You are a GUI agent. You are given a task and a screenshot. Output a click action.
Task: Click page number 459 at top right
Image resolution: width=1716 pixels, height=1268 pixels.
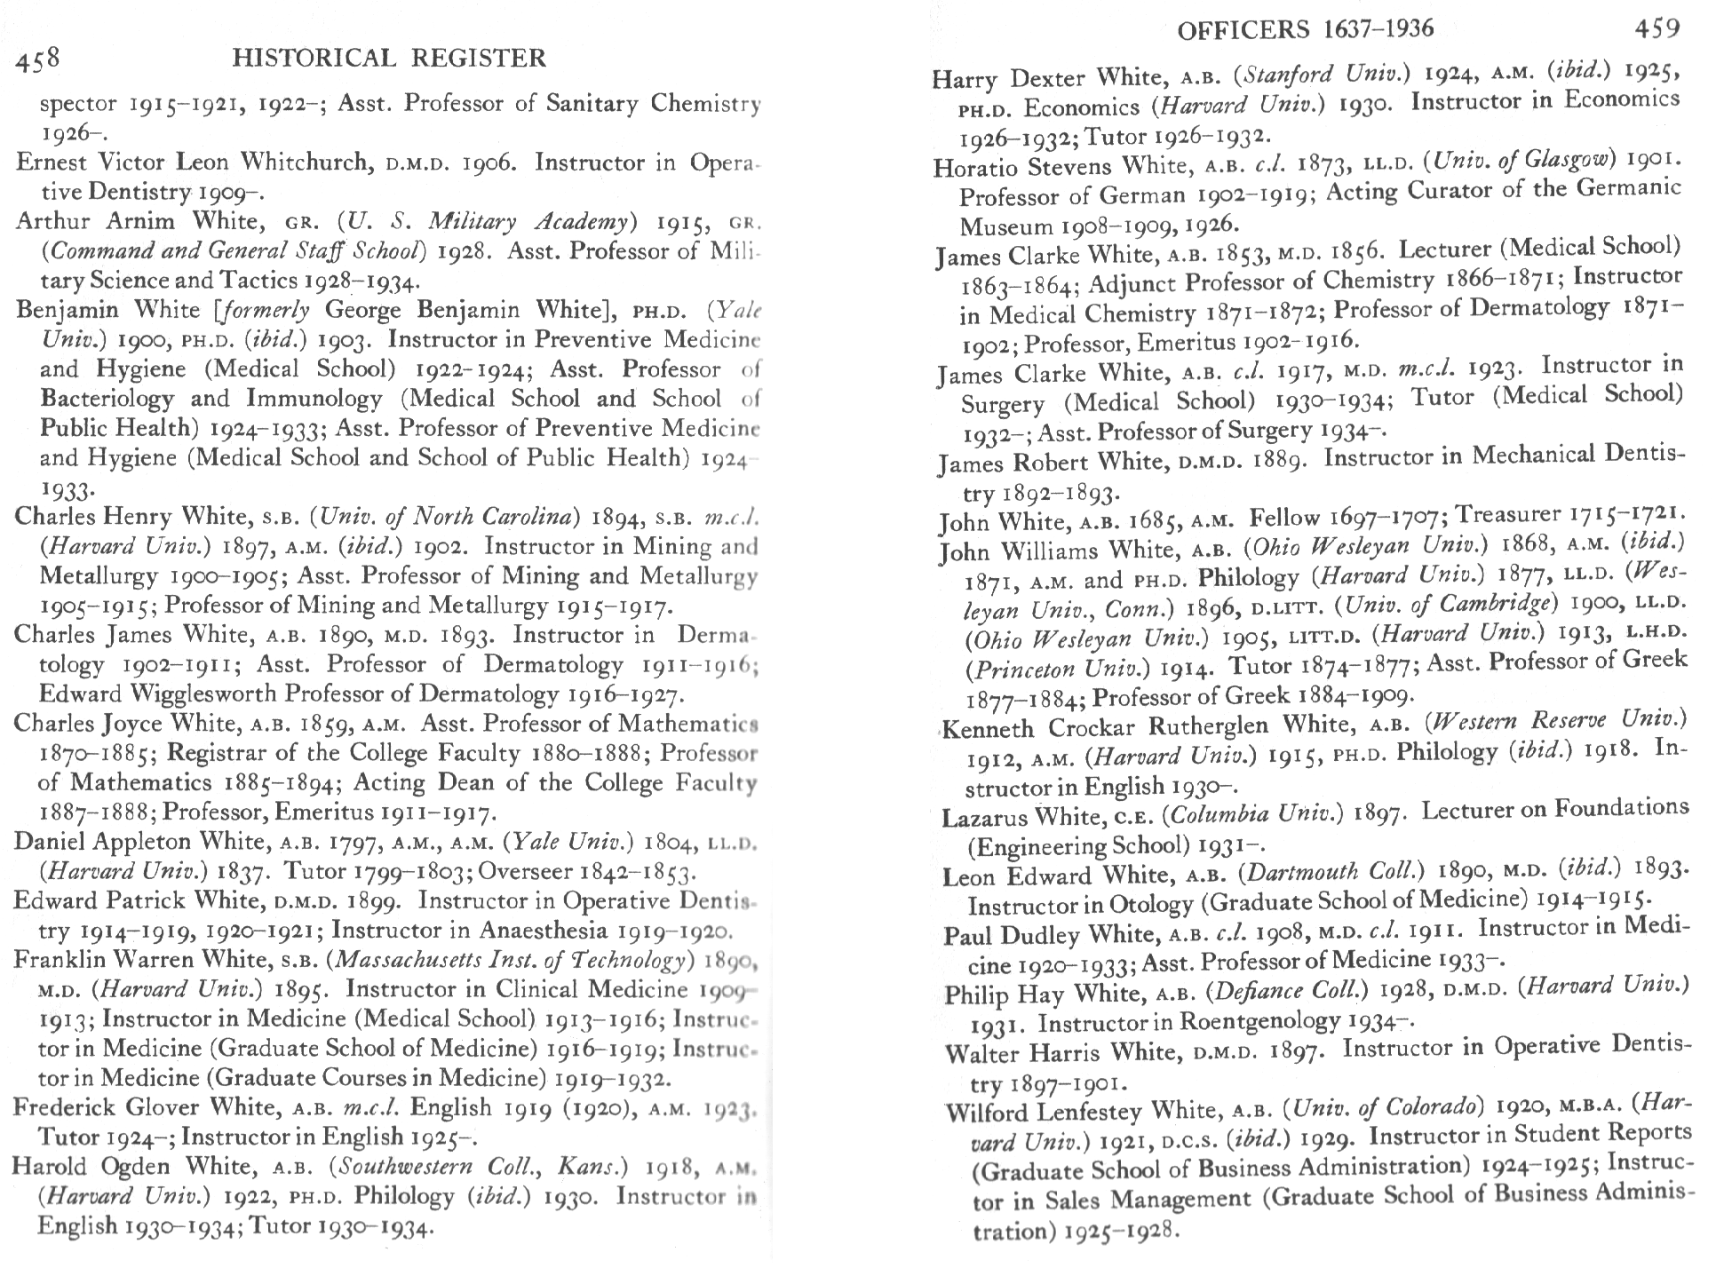[x=1656, y=28]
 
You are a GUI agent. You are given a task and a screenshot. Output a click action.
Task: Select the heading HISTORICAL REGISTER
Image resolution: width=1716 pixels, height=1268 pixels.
[x=388, y=59]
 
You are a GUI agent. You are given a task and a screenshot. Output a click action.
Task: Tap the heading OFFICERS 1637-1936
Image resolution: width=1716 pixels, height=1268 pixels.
[x=1305, y=30]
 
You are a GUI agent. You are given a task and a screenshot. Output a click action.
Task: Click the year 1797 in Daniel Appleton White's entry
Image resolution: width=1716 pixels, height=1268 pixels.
[x=350, y=842]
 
